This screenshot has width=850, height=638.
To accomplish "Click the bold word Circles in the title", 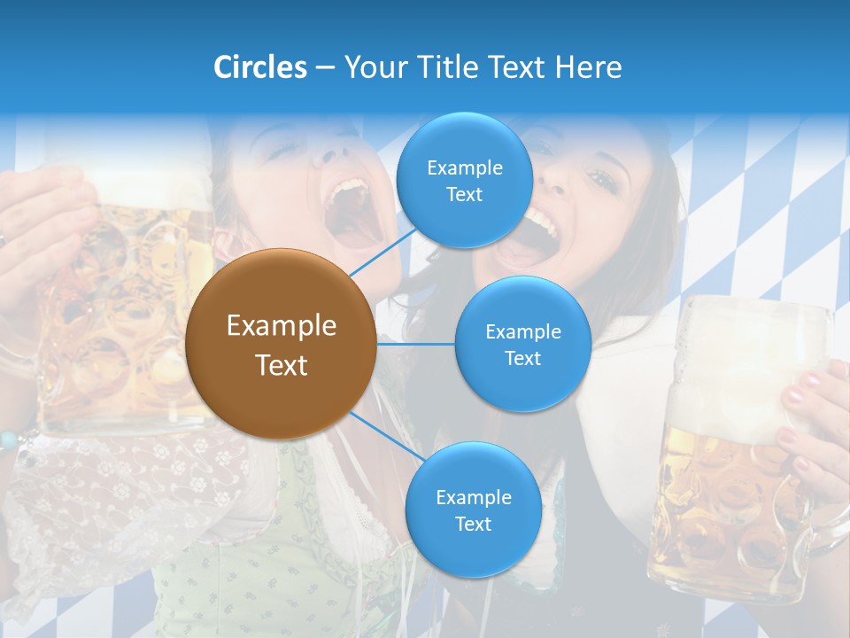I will pyautogui.click(x=260, y=67).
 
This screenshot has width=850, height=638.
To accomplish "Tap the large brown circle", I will pyautogui.click(x=282, y=344).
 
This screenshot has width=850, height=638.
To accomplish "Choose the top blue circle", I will pyautogui.click(x=464, y=180).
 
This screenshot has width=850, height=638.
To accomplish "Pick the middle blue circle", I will pyautogui.click(x=522, y=344).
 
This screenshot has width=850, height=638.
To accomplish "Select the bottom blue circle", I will pyautogui.click(x=473, y=510).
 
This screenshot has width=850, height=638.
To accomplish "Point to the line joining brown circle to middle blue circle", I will pyautogui.click(x=416, y=344).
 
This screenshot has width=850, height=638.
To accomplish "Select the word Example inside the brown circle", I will pyautogui.click(x=282, y=326).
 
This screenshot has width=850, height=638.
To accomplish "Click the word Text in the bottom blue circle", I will pyautogui.click(x=473, y=524).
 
